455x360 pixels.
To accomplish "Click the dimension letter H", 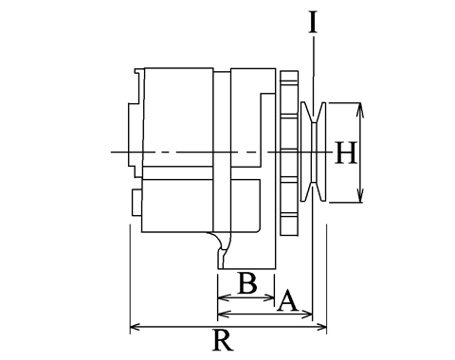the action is [346, 153].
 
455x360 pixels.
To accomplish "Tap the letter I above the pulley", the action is [313, 23].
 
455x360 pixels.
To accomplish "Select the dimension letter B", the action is [247, 283].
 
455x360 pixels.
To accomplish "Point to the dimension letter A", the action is [287, 301].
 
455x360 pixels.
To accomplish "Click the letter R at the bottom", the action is [224, 340].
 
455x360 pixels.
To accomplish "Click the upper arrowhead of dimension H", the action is [360, 110].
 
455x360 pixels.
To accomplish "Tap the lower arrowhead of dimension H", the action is [360, 195].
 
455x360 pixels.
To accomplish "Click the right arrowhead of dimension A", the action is [306, 315].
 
